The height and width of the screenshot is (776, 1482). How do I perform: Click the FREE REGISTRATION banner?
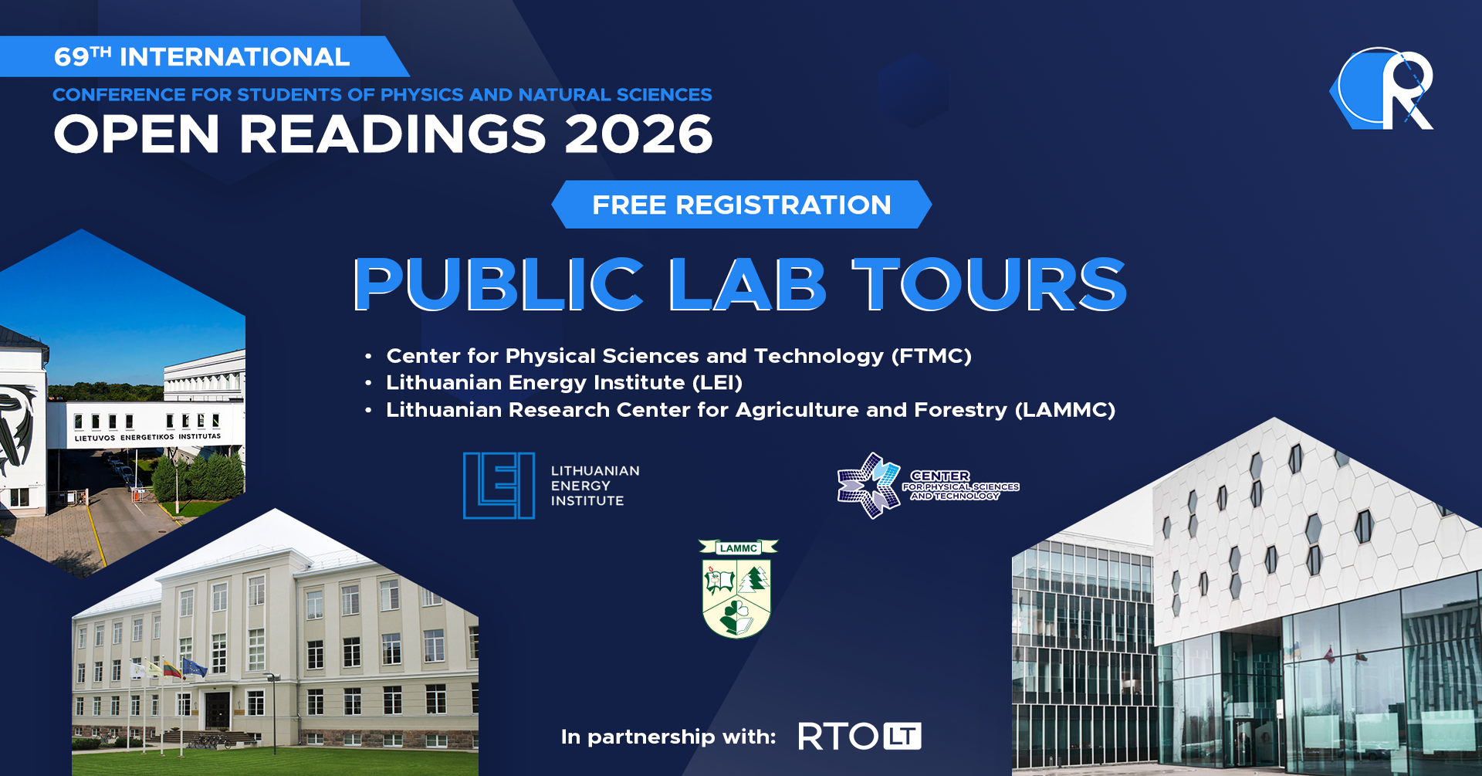742,205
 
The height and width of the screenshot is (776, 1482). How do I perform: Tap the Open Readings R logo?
1382,89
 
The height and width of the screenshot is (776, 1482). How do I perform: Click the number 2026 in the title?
638,134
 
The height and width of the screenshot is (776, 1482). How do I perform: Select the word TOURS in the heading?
989,285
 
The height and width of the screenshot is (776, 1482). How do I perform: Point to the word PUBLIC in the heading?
499,285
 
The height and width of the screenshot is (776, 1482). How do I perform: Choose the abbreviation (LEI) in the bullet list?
717,383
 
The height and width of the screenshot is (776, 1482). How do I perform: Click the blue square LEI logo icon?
499,486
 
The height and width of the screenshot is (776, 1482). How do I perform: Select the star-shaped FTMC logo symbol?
869,486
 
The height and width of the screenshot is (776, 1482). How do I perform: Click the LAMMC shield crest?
738,589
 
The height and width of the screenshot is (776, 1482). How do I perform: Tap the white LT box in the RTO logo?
902,737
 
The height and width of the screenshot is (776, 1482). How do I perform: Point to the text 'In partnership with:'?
668,737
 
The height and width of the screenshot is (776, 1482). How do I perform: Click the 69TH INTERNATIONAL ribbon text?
202,57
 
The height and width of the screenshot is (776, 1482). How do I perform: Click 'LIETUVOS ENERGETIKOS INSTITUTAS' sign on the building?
147,438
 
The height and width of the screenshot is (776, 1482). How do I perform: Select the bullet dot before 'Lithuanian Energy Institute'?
369,383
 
